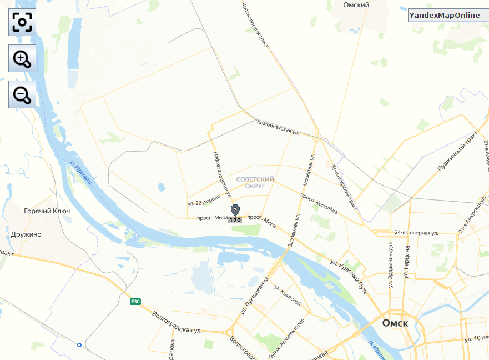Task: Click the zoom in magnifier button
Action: point(22,58)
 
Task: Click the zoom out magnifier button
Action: point(22,94)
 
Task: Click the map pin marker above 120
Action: point(235,211)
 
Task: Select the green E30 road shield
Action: point(135,302)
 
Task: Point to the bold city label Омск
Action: point(395,323)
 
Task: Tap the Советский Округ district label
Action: point(255,183)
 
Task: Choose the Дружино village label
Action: point(26,234)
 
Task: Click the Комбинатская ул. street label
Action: point(278,128)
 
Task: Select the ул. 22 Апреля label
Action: point(204,200)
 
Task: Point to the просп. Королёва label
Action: point(319,203)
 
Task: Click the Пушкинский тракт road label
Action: point(457,151)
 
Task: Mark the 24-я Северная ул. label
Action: point(416,232)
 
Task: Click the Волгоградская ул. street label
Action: point(177,323)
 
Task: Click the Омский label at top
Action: point(356,5)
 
